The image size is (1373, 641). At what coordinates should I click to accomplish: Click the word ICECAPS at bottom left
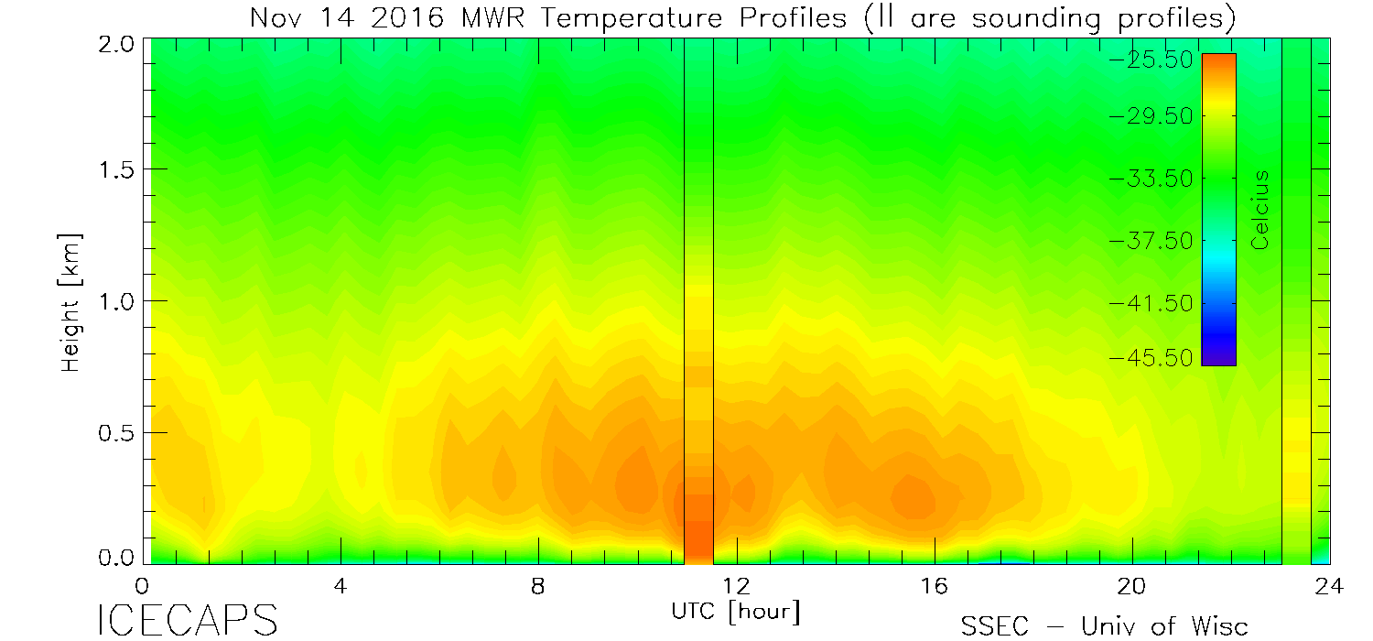[188, 620]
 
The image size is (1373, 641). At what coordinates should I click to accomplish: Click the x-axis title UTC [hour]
[736, 610]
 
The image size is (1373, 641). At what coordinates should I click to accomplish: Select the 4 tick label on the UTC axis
[340, 585]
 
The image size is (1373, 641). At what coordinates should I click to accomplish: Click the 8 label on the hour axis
[538, 585]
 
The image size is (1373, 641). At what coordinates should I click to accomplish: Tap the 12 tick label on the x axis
[736, 585]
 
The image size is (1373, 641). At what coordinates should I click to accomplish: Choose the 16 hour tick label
[935, 585]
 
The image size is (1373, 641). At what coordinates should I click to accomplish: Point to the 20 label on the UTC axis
[1132, 585]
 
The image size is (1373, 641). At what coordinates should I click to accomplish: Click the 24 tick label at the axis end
[1330, 585]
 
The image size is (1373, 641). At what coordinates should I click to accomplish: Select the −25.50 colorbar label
[1149, 60]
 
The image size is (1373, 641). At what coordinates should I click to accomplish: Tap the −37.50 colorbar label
[1149, 240]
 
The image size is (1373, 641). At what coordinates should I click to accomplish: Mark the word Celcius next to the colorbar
[1261, 210]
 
